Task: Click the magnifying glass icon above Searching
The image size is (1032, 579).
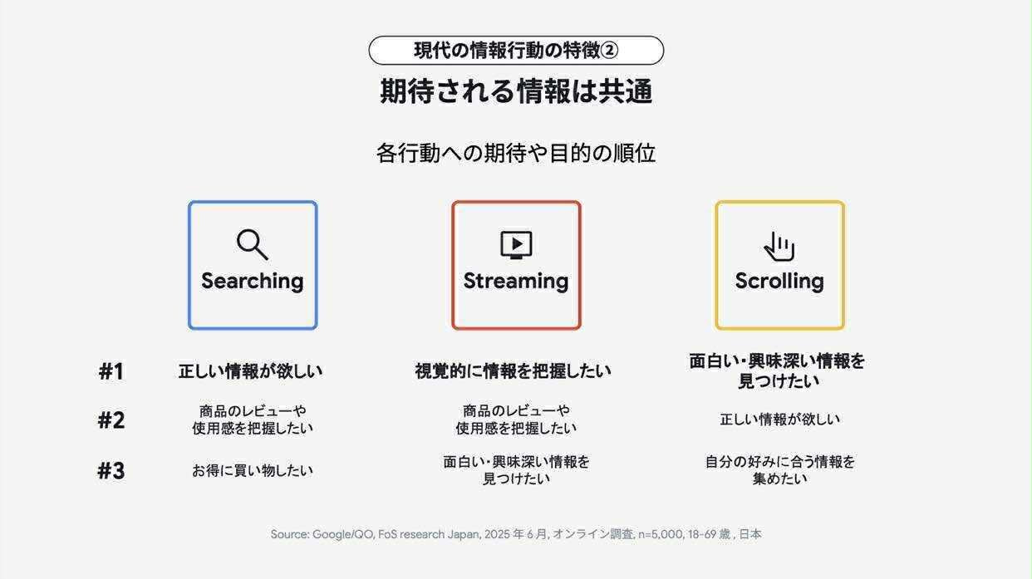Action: (252, 244)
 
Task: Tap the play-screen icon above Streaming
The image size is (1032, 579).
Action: (516, 245)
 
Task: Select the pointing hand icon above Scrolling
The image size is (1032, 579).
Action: (779, 246)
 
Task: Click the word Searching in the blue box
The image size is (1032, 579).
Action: (252, 281)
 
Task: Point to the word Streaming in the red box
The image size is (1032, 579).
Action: (516, 281)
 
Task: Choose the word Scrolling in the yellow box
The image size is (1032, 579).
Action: (779, 281)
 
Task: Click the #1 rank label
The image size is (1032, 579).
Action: (111, 371)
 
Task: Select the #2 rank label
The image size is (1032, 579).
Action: (111, 420)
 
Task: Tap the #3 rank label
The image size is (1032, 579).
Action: (111, 471)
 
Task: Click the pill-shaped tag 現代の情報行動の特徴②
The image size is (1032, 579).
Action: (516, 51)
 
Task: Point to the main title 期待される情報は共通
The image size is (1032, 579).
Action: (516, 91)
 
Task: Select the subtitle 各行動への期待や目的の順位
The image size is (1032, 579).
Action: (516, 153)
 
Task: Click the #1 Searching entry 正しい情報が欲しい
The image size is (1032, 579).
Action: (251, 371)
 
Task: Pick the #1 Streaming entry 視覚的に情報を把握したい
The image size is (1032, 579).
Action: (513, 371)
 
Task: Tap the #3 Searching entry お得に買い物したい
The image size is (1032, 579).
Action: (253, 470)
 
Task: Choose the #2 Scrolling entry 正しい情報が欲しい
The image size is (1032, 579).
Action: (779, 420)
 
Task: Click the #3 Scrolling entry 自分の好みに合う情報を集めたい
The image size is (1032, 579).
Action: (779, 470)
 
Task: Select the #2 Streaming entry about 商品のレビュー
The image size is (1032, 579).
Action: (516, 420)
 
